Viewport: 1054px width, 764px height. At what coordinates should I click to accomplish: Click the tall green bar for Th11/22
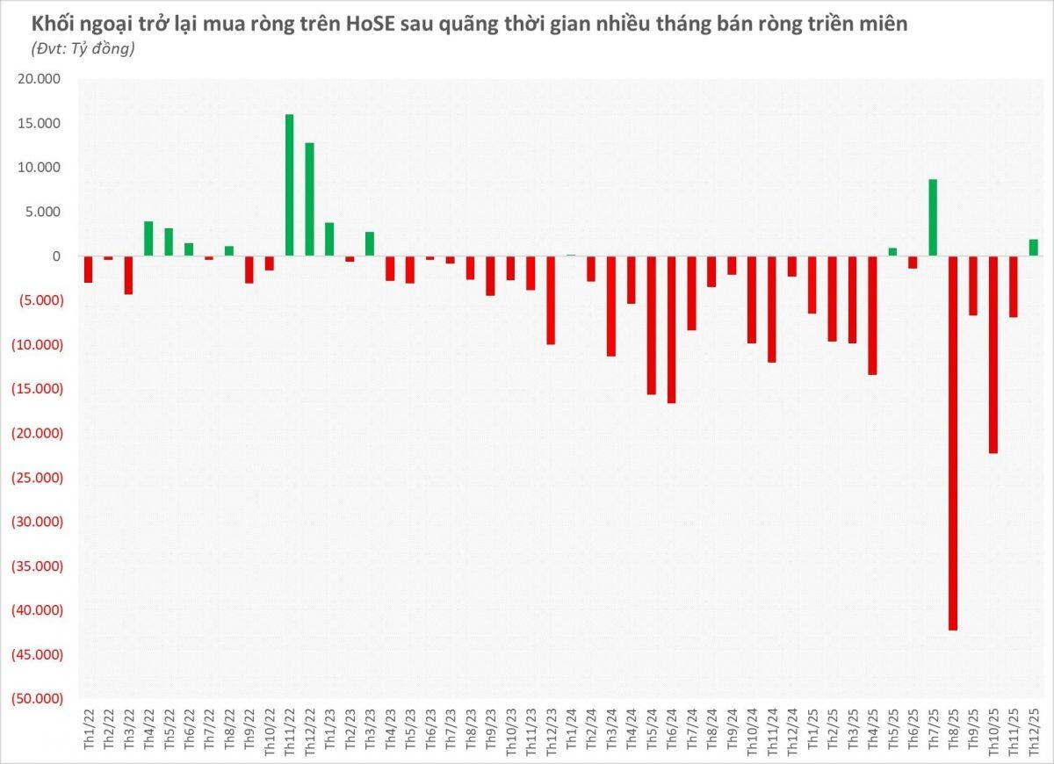(289, 185)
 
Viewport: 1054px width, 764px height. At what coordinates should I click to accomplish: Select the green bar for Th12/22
(309, 199)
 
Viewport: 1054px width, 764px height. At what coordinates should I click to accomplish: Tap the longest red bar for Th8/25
(953, 443)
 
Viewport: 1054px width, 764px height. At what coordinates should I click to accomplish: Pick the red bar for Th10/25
(993, 355)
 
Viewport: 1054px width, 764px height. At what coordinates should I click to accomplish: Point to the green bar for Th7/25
(933, 218)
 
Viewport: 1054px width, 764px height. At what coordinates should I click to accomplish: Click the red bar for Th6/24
(671, 329)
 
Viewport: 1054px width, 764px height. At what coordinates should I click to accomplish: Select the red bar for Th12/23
(551, 300)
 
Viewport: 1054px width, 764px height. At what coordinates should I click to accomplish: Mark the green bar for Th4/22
(148, 239)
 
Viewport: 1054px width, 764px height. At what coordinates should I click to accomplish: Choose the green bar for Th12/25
(1033, 248)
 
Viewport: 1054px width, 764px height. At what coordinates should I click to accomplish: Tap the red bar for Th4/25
(872, 315)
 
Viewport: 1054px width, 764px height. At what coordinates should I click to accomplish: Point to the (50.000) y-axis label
(37, 698)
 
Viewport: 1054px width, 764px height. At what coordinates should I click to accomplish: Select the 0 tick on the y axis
(56, 256)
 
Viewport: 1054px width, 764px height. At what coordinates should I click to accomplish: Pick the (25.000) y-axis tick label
(37, 477)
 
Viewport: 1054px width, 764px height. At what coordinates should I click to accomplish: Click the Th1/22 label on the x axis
(89, 730)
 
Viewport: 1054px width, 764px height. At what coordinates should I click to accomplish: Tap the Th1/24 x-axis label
(571, 730)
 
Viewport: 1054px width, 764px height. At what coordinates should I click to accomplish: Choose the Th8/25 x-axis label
(953, 730)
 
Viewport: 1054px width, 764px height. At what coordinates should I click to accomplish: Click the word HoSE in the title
(372, 25)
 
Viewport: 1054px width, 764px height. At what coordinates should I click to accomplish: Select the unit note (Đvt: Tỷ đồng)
(83, 48)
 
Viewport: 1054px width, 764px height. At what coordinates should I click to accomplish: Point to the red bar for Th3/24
(610, 306)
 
